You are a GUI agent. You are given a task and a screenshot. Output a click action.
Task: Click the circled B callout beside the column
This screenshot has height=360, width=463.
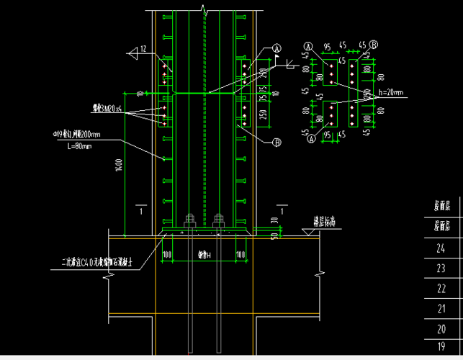pyautogui.click(x=276, y=143)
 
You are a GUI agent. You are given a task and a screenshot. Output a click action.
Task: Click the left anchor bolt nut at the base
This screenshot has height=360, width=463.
pyautogui.click(x=190, y=221)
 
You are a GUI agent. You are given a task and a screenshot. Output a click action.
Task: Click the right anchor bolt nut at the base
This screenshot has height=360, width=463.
pyautogui.click(x=217, y=221)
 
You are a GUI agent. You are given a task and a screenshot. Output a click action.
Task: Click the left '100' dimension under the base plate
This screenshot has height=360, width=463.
pyautogui.click(x=166, y=255)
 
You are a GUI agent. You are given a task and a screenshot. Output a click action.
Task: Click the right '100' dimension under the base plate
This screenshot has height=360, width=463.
pyautogui.click(x=241, y=255)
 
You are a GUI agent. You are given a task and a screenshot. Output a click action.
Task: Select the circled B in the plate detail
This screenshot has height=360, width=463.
pyautogui.click(x=374, y=44)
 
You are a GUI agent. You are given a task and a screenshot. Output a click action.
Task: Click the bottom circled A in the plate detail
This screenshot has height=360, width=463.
pyautogui.click(x=312, y=140)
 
